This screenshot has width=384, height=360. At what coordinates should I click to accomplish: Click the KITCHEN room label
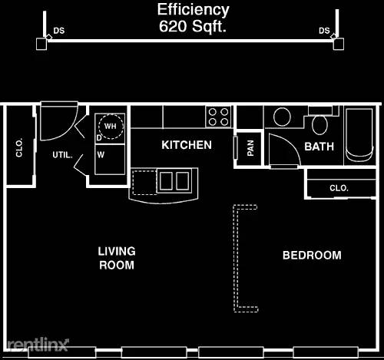point(187,145)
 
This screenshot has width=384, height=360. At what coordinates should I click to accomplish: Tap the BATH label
point(319,147)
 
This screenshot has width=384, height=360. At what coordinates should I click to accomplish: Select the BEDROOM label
point(312,256)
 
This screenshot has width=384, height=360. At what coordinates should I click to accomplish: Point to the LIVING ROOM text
point(117,258)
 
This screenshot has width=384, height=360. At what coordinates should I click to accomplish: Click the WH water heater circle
point(111,126)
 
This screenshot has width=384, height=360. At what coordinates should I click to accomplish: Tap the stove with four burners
point(218,117)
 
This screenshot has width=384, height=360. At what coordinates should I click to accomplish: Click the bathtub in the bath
point(359,135)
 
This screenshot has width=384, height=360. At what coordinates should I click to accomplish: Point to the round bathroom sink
point(282,117)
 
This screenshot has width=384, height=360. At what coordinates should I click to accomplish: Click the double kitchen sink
point(174,180)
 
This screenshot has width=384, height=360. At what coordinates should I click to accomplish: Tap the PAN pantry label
point(250,148)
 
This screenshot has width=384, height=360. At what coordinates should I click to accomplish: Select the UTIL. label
point(63,155)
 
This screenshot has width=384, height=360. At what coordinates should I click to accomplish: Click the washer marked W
point(110,160)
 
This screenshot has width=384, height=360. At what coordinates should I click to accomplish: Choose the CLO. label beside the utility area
point(19,147)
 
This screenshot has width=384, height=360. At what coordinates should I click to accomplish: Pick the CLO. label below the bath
point(339,188)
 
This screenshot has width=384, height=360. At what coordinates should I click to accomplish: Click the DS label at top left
point(59,31)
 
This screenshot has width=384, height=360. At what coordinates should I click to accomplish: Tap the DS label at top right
point(324,31)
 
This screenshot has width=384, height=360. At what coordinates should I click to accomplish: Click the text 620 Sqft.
point(193,26)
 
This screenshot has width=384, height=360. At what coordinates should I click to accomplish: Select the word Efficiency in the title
point(194,10)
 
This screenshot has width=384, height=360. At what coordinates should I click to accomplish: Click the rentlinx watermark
point(38,345)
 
